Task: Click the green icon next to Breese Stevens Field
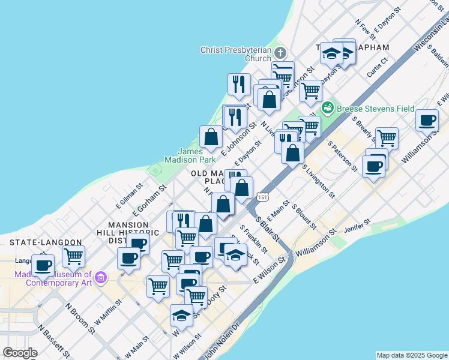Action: click(x=328, y=108)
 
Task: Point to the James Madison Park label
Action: click(x=190, y=155)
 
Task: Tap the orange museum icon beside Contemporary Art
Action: click(x=100, y=278)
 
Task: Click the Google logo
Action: click(x=20, y=353)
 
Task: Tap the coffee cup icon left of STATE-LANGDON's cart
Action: click(x=43, y=265)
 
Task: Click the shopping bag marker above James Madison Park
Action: click(x=211, y=137)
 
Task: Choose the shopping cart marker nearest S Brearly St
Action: click(x=387, y=138)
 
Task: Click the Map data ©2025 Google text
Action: click(x=412, y=355)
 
